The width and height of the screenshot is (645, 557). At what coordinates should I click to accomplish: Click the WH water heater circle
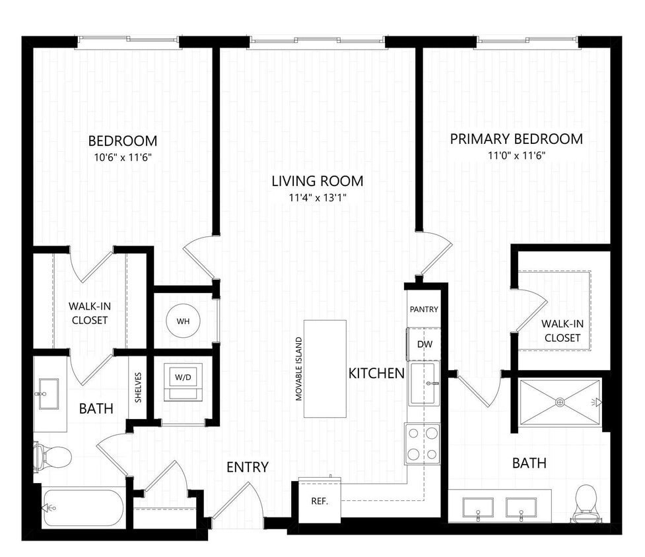(183, 321)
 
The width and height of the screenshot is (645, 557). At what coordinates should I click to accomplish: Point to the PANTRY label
(424, 309)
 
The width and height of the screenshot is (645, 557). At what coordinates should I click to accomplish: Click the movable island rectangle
(325, 368)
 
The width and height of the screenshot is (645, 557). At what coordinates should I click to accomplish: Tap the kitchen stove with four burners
(423, 443)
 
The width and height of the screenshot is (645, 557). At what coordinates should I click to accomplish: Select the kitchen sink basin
(423, 383)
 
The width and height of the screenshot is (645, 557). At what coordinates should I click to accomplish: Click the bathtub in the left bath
(83, 508)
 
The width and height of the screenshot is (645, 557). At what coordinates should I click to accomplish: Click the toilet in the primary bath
(586, 503)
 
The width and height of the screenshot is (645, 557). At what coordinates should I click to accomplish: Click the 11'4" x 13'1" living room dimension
(318, 197)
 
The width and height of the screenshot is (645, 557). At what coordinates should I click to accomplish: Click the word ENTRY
(248, 467)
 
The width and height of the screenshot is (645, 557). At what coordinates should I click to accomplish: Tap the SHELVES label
(138, 388)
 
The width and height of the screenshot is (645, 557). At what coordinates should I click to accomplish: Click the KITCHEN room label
(376, 374)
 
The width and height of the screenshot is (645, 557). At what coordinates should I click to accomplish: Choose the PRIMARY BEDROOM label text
(516, 139)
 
